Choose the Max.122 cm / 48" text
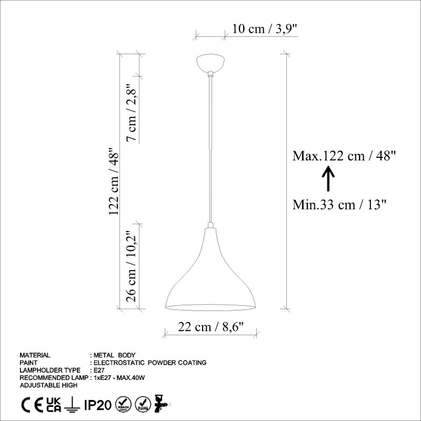click(344, 156)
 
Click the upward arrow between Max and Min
click(327, 179)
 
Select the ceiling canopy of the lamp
click(210, 63)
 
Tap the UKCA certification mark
click(54, 405)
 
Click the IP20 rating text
click(97, 405)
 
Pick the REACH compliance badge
click(123, 405)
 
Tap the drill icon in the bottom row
click(161, 405)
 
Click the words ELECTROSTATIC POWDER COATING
click(149, 363)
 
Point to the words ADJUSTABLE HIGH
click(48, 385)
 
